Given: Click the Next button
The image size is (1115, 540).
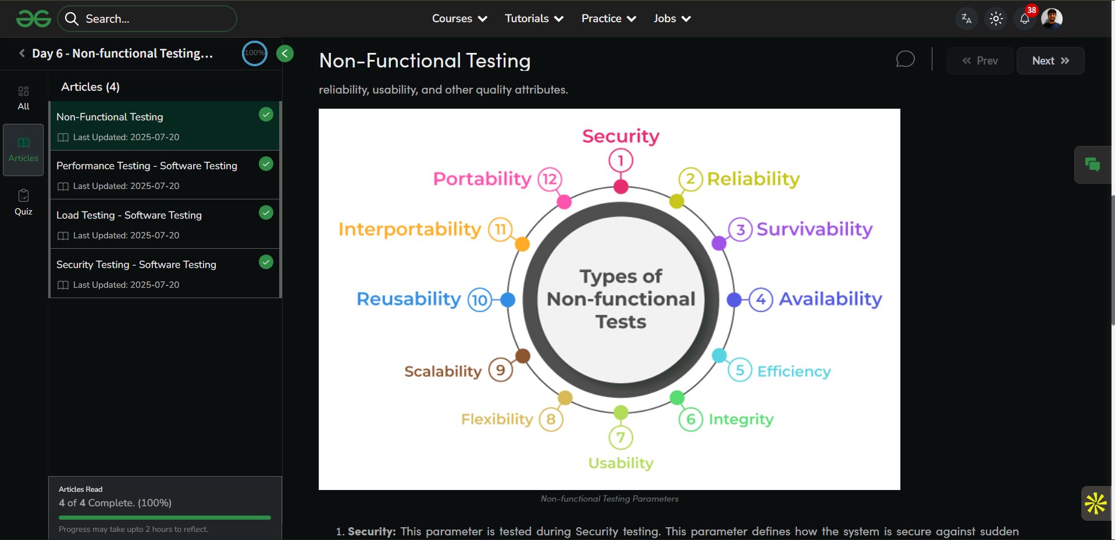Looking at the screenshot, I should [1050, 61].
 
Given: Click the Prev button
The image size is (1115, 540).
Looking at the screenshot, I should [980, 61].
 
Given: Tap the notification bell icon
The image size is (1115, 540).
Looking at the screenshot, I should [1025, 19].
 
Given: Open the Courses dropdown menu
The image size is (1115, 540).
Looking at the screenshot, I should [459, 19].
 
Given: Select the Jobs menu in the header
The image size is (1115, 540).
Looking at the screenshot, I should [672, 19].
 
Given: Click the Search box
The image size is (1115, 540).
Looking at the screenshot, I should [147, 19].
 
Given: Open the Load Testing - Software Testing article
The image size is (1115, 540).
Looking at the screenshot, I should [129, 215].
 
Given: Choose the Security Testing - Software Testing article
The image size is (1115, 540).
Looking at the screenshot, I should [136, 264].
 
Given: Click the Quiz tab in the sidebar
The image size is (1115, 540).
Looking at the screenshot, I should [23, 202].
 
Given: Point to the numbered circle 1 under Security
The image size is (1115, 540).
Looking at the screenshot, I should [621, 160].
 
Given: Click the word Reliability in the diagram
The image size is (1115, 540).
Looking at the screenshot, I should [753, 179].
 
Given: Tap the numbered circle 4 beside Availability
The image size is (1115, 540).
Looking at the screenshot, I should [760, 299].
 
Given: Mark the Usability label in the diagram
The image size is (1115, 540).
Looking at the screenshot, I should [621, 463].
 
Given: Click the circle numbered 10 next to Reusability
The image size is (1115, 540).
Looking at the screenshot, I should [480, 300].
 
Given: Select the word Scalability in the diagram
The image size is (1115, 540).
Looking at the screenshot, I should [443, 371].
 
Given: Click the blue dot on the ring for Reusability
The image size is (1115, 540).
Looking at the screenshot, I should [508, 299].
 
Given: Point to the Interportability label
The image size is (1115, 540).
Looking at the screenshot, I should [409, 230].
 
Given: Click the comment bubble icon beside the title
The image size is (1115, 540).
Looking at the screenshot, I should [905, 59].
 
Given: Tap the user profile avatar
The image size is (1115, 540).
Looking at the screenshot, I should [1052, 19].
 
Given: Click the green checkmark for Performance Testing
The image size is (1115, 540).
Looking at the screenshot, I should [266, 164].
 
